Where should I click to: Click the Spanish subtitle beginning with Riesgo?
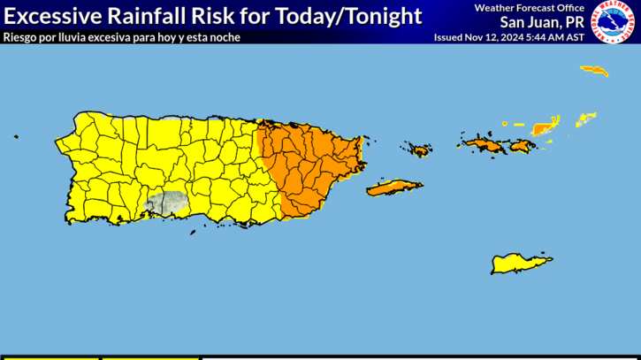pos(121,37)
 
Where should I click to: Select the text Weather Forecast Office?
pos(529,8)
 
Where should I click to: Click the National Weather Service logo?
pos(613,22)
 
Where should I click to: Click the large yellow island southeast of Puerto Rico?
pos(522,263)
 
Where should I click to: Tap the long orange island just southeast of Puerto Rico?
pos(394,188)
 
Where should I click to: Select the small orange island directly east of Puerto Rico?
pos(417,149)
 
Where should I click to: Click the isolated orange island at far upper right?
pos(594,70)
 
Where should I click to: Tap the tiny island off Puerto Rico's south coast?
pos(192,233)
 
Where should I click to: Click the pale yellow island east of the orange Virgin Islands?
pos(586,119)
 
